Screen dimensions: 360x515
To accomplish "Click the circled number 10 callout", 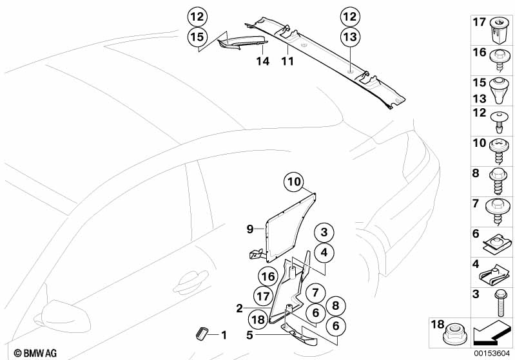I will [294, 183].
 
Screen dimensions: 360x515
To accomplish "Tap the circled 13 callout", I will [350, 38].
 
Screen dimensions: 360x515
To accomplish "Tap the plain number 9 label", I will [250, 228].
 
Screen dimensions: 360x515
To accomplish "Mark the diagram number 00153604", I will [494, 354].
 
